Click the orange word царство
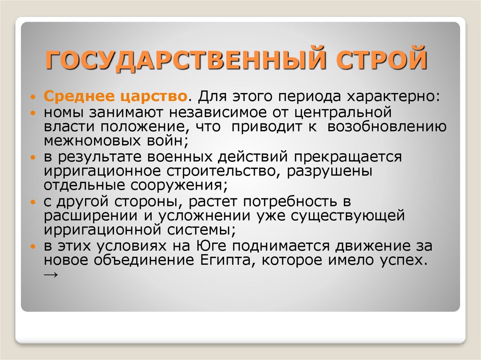[x=154, y=97]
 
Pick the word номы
[x=63, y=113]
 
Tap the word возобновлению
[x=387, y=127]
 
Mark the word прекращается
[x=348, y=157]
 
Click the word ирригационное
[x=102, y=171]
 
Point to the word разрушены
[x=329, y=171]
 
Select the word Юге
[x=210, y=246]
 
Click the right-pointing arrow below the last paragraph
[x=51, y=274]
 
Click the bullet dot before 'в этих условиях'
[x=33, y=246]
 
